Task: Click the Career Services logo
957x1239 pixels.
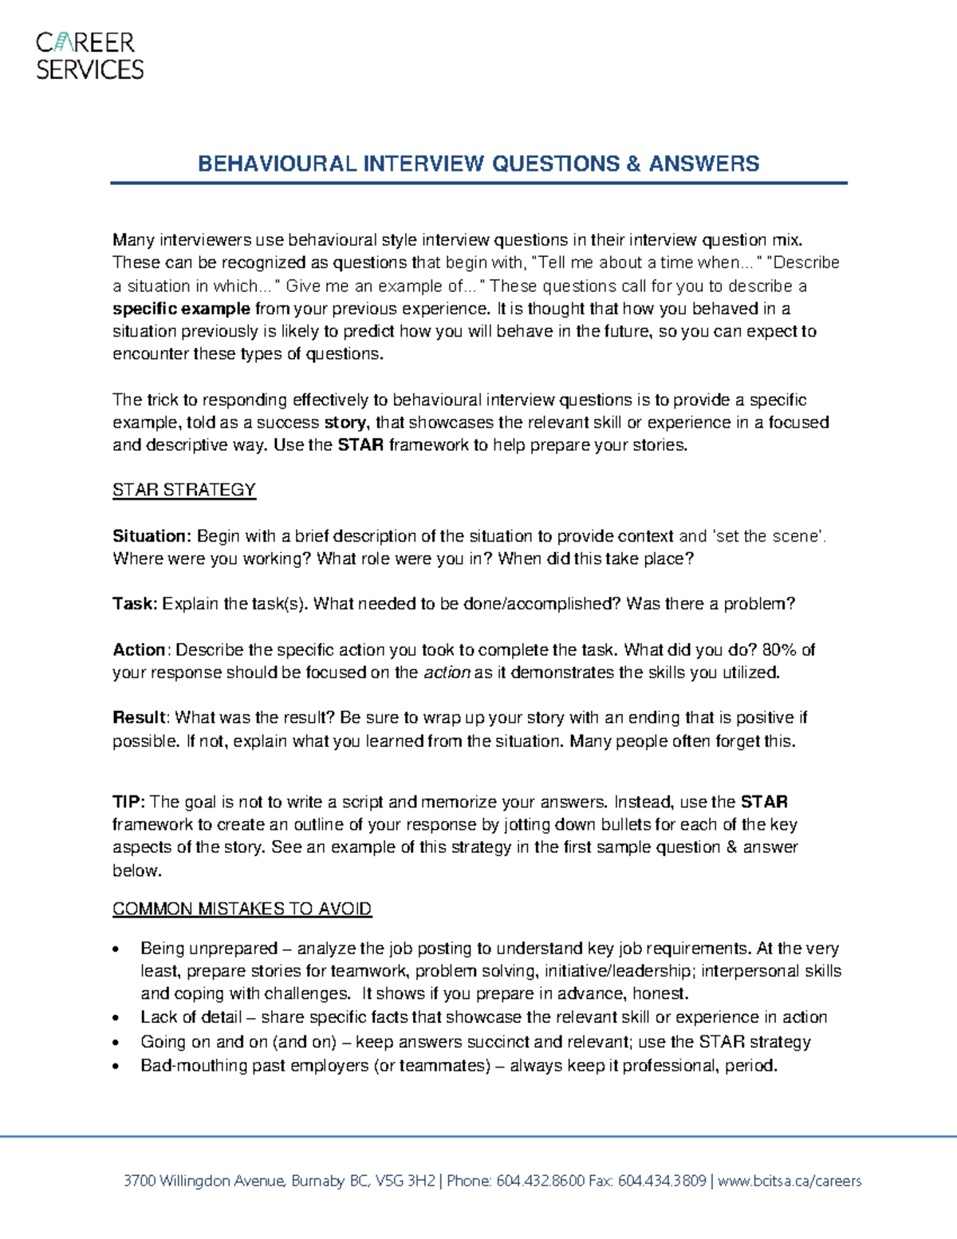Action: coord(89,56)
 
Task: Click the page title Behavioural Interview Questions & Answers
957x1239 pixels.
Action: coord(478,164)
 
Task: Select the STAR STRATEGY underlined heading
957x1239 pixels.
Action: coord(183,490)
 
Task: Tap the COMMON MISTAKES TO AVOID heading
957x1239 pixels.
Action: coord(242,909)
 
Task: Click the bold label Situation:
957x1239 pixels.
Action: coord(152,536)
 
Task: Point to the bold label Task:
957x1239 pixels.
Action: coord(135,604)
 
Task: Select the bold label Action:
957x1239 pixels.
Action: coord(140,650)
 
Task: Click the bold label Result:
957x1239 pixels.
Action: coord(140,718)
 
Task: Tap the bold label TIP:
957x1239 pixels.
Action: coord(128,802)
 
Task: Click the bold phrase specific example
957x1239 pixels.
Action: coord(181,309)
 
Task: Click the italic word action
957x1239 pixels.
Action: coord(446,673)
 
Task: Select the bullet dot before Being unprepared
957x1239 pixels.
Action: coord(117,949)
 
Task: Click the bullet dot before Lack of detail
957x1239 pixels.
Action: coord(117,1018)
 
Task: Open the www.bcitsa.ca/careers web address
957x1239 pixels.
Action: coord(790,1181)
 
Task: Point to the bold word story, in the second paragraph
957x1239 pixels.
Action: coord(345,423)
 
